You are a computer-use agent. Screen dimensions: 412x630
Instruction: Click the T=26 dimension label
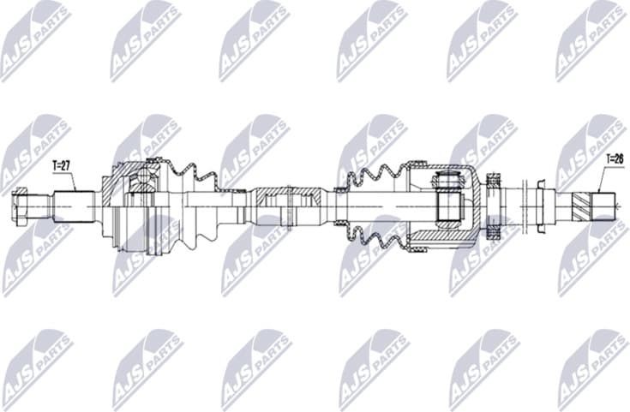tap(615, 158)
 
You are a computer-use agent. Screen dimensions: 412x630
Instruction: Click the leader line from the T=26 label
tap(603, 180)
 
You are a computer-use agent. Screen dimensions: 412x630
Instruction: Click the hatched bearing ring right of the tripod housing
tap(494, 206)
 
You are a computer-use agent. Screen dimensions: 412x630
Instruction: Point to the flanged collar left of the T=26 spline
tap(543, 206)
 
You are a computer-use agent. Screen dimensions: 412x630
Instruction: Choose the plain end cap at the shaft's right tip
tap(607, 206)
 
